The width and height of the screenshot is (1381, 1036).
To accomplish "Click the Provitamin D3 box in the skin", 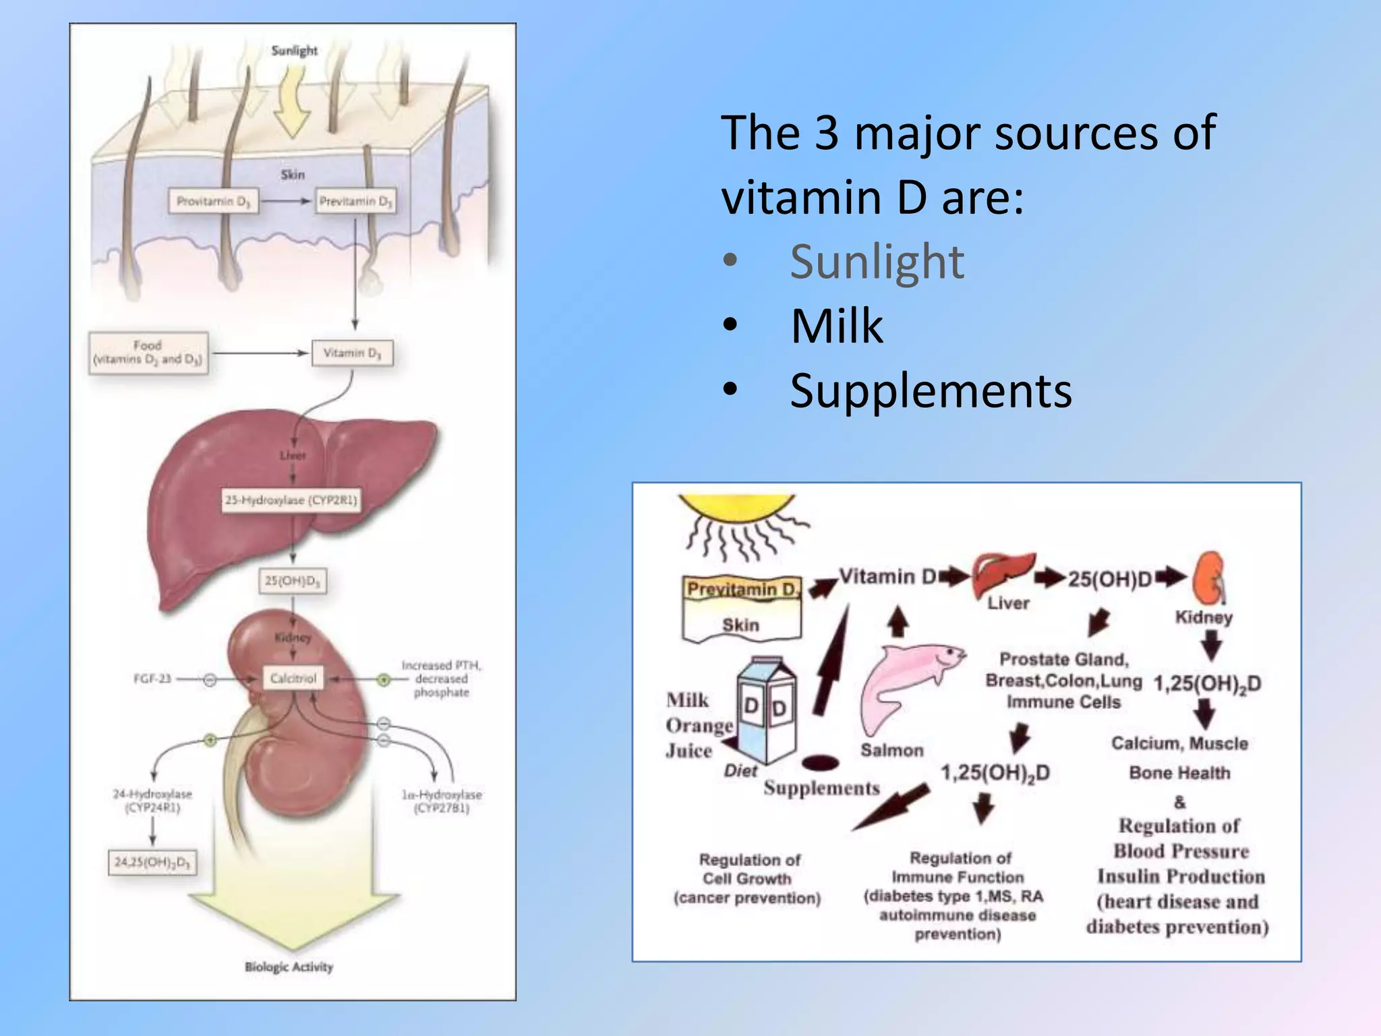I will tap(213, 201).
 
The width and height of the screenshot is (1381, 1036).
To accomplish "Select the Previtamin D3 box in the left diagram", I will tap(355, 201).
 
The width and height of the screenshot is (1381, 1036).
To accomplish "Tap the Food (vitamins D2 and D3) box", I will tap(148, 353).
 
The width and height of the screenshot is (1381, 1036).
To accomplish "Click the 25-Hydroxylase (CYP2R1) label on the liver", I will tap(291, 500).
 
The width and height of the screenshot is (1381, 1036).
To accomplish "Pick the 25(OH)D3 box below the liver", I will tap(293, 581).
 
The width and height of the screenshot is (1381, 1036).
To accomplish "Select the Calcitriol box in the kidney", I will tap(293, 678).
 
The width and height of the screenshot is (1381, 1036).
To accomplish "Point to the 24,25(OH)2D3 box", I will tap(152, 862).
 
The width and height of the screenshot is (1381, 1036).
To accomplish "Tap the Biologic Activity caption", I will tap(289, 967).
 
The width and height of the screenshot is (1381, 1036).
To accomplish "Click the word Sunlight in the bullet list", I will tap(877, 262).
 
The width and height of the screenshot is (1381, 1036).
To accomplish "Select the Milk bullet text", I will tap(837, 326).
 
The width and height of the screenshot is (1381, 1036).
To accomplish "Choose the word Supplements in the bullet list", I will tap(931, 391).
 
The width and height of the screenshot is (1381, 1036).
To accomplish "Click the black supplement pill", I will tap(821, 763).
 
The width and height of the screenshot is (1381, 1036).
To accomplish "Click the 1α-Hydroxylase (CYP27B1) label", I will tap(442, 801).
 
